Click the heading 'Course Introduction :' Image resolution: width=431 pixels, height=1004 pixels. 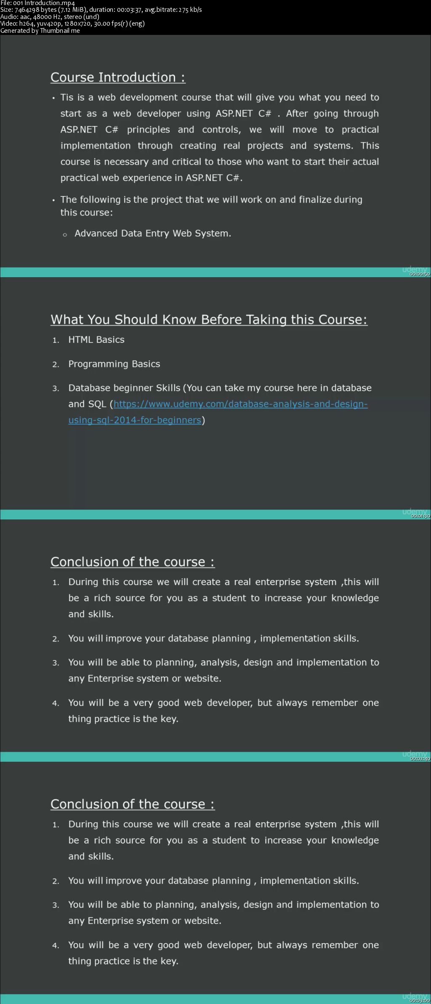(x=118, y=77)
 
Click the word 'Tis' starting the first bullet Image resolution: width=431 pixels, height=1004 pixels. (x=67, y=98)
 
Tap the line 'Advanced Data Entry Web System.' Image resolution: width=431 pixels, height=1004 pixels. (x=153, y=233)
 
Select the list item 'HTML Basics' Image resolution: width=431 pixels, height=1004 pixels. (x=96, y=340)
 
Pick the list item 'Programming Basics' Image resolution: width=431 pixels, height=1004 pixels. (x=114, y=364)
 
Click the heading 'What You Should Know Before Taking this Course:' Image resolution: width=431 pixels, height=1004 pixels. (x=209, y=320)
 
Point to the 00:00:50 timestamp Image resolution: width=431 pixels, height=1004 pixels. (x=420, y=274)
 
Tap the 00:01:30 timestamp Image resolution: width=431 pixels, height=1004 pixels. (x=420, y=516)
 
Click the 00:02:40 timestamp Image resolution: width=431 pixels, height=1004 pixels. (x=420, y=758)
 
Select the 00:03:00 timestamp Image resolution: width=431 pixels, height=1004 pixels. (x=420, y=1001)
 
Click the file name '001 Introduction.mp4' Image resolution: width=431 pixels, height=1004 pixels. (x=50, y=3)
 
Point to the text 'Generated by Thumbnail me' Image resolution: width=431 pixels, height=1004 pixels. (x=40, y=31)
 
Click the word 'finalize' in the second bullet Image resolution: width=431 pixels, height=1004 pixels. (x=315, y=200)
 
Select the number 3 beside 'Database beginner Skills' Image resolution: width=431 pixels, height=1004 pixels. (x=55, y=389)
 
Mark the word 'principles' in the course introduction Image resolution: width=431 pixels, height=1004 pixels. (x=149, y=130)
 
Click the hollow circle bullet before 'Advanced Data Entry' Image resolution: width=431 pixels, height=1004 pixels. (x=65, y=235)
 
